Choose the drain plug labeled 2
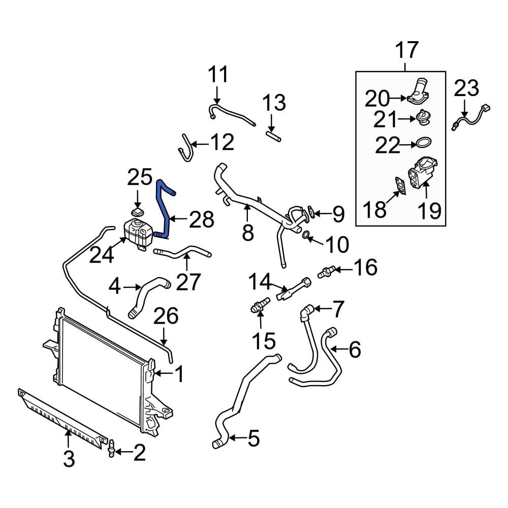click(x=111, y=450)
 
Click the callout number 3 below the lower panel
click(x=69, y=459)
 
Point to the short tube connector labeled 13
click(x=273, y=135)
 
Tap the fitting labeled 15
click(x=257, y=307)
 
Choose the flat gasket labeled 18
click(x=400, y=185)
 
